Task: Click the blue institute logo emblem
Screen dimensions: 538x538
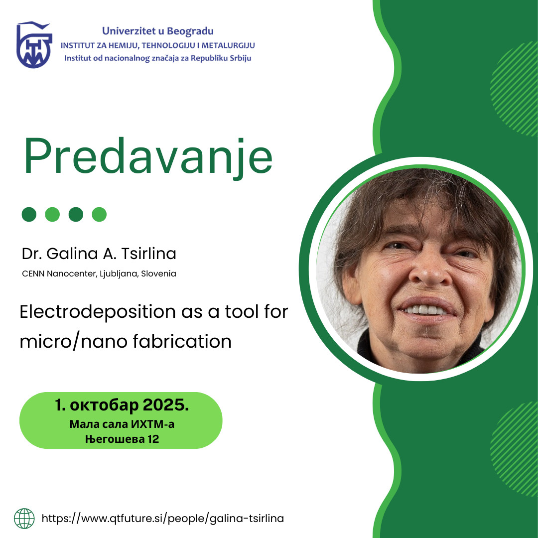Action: pos(34,45)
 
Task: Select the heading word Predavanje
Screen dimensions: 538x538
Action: pos(148,157)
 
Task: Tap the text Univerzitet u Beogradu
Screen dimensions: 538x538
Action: pos(158,31)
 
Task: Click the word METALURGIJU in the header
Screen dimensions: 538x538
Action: pos(228,45)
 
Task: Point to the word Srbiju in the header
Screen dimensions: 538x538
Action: pos(241,58)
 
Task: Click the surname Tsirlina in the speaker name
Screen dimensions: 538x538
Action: pos(149,254)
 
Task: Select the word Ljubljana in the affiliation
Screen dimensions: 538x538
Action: pos(119,274)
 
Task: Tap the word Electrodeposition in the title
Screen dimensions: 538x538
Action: pos(98,312)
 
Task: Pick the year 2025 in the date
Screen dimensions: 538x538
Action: pos(166,405)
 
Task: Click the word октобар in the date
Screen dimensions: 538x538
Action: pos(104,405)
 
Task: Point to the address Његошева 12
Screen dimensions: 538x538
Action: pos(122,439)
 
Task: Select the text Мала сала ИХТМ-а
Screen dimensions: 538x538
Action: pos(122,424)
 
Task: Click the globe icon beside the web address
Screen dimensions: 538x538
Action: pos(24,519)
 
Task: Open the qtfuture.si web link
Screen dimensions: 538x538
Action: pos(162,519)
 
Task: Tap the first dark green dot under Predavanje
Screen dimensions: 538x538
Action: pos(29,214)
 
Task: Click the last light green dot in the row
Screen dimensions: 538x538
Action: pos(99,214)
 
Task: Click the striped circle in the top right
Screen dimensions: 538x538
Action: pos(515,89)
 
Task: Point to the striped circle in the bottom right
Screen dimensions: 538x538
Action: pos(515,449)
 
